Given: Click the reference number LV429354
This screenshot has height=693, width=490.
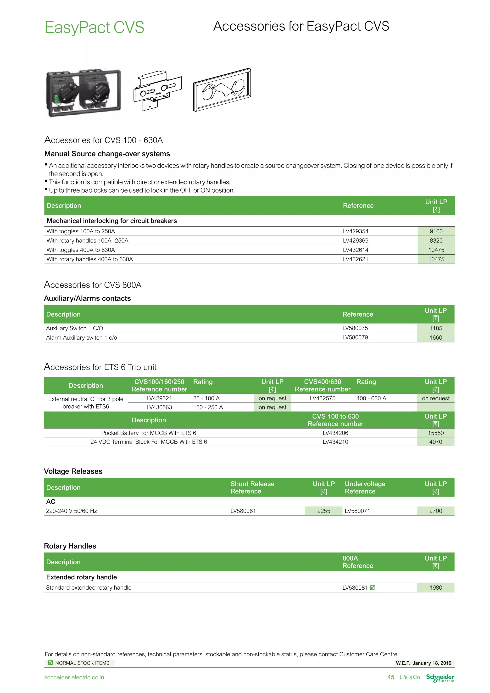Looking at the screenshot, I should click(x=356, y=231).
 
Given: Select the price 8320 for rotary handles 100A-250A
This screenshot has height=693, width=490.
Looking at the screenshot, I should click(x=436, y=240).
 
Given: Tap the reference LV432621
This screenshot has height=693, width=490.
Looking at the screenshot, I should click(x=356, y=259).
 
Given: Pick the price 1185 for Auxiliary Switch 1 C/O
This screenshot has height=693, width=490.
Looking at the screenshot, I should click(x=436, y=328).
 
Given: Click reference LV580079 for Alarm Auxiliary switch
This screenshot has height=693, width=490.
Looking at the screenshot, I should click(x=355, y=337).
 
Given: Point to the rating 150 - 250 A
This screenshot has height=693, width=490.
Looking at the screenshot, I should click(x=208, y=408).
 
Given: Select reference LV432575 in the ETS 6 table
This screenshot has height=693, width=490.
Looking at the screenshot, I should click(x=323, y=398).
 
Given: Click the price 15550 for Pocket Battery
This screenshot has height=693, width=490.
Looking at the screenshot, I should click(x=436, y=433).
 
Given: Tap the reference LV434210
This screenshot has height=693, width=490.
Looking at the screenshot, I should click(x=335, y=442).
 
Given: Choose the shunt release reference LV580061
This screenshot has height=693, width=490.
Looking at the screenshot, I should click(x=243, y=511).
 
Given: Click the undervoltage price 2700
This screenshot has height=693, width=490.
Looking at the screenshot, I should click(x=436, y=511).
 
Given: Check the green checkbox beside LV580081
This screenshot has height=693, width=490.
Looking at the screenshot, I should click(x=372, y=588).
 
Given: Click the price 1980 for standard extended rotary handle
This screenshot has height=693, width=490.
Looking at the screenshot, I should click(x=436, y=588).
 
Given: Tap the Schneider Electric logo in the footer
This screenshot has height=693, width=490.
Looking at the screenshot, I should click(x=440, y=678).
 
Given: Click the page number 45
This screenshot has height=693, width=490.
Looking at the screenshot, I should click(x=391, y=677).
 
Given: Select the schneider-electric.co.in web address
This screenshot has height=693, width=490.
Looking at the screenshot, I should click(x=74, y=678).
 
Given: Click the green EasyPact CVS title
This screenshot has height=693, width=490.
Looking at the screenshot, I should click(x=95, y=28).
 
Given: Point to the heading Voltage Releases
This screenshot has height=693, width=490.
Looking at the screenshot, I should click(x=73, y=471).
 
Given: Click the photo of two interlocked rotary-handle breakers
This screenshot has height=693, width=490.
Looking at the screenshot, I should click(x=83, y=93).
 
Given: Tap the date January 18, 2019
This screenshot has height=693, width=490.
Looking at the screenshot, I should click(x=432, y=663).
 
